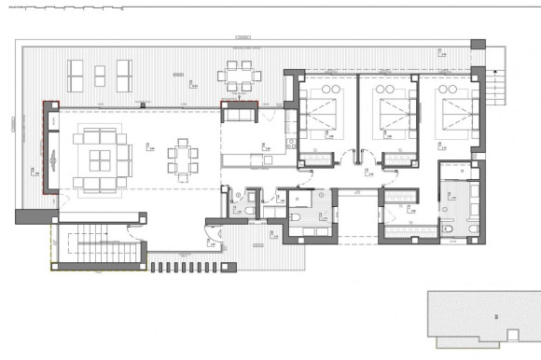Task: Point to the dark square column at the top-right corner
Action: pos(478,46)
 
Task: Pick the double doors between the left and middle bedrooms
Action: pos(355,159)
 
